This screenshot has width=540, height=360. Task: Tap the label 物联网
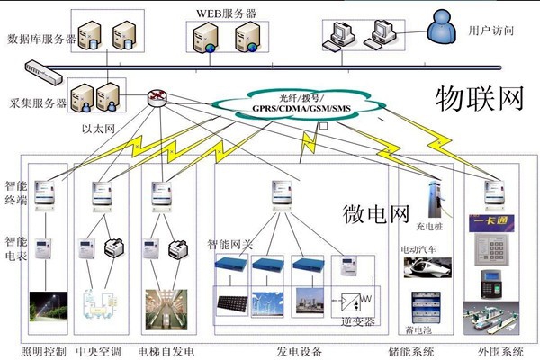tap(479, 98)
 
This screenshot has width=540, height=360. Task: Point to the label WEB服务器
tap(226, 13)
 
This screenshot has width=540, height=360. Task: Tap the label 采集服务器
tap(37, 103)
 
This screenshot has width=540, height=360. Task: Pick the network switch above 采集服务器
tap(43, 67)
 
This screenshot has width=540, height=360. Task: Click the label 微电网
tap(376, 213)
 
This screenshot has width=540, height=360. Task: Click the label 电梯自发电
tap(166, 350)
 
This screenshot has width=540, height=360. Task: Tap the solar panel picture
tap(231, 301)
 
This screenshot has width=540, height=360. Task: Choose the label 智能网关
tap(231, 243)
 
